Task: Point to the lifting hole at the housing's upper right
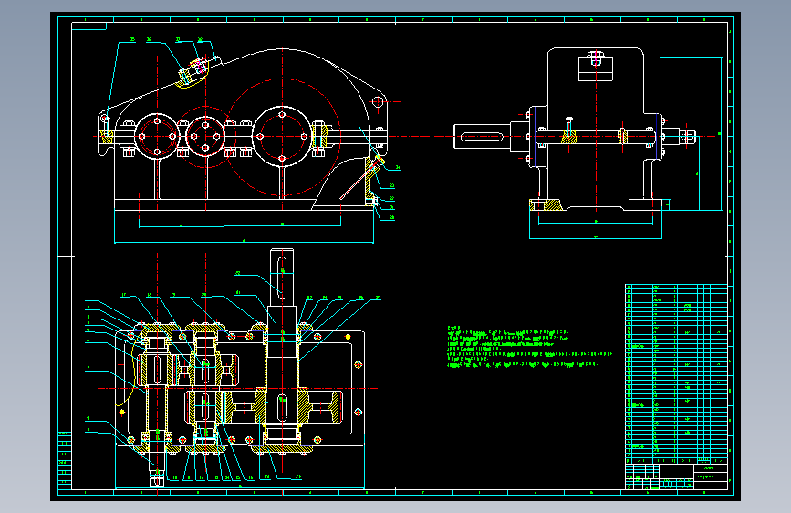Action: (378, 102)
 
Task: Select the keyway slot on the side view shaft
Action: (482, 137)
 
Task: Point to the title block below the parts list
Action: (677, 476)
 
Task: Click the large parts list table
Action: (677, 373)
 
